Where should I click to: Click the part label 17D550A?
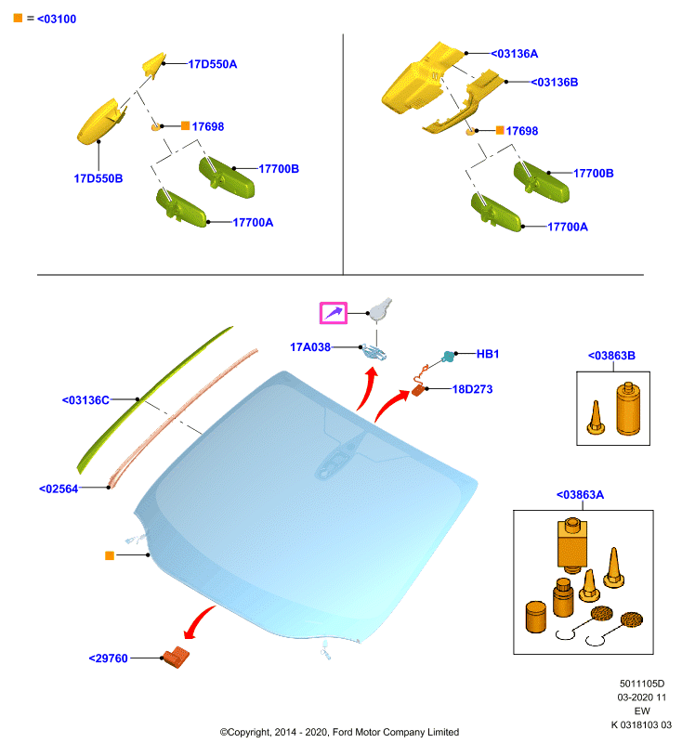[213, 64]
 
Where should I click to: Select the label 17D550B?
[98, 178]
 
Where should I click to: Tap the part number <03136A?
[514, 54]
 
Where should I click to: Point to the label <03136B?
[554, 82]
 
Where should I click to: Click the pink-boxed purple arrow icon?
[334, 313]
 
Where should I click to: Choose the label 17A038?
[310, 347]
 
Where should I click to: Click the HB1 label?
[487, 354]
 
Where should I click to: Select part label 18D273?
[473, 389]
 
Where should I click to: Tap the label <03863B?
[611, 356]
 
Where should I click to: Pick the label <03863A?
[580, 495]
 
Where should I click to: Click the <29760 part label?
[108, 658]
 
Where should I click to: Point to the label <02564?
[59, 489]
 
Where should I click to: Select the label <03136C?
[85, 400]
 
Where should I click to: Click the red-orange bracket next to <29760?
[176, 658]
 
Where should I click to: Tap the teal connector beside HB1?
[448, 357]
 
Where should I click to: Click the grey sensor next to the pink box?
[381, 309]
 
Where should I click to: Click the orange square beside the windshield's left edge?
[110, 555]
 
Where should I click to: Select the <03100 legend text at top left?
[57, 19]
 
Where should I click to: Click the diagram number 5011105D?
[642, 684]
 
